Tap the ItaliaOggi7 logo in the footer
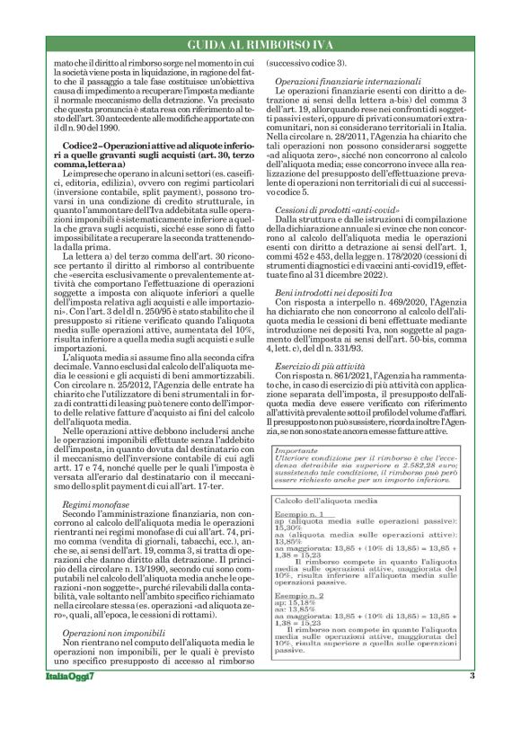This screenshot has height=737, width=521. click(x=73, y=701)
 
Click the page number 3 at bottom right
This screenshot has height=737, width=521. click(x=472, y=701)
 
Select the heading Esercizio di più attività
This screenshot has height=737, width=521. click(x=313, y=368)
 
